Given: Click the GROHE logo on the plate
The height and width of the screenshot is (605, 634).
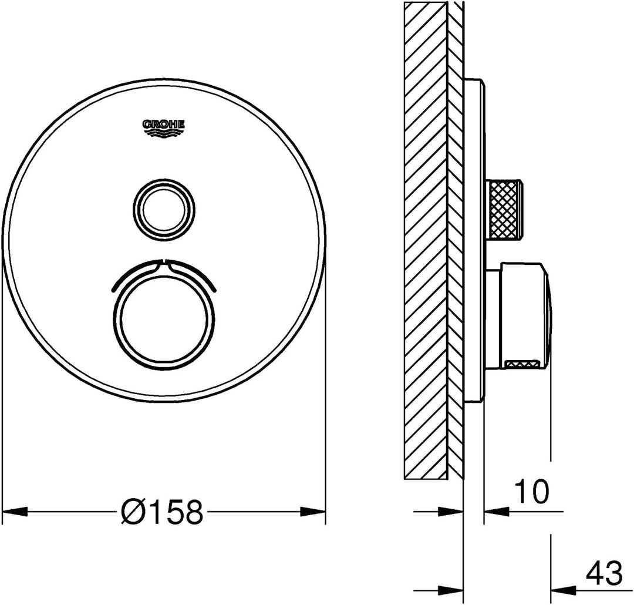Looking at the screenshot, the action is click(163, 129).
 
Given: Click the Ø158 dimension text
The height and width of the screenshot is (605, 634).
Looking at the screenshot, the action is click(161, 512).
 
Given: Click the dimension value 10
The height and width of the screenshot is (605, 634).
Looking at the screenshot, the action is click(531, 491).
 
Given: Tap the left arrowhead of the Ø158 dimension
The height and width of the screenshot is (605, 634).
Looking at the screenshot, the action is click(15, 512).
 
